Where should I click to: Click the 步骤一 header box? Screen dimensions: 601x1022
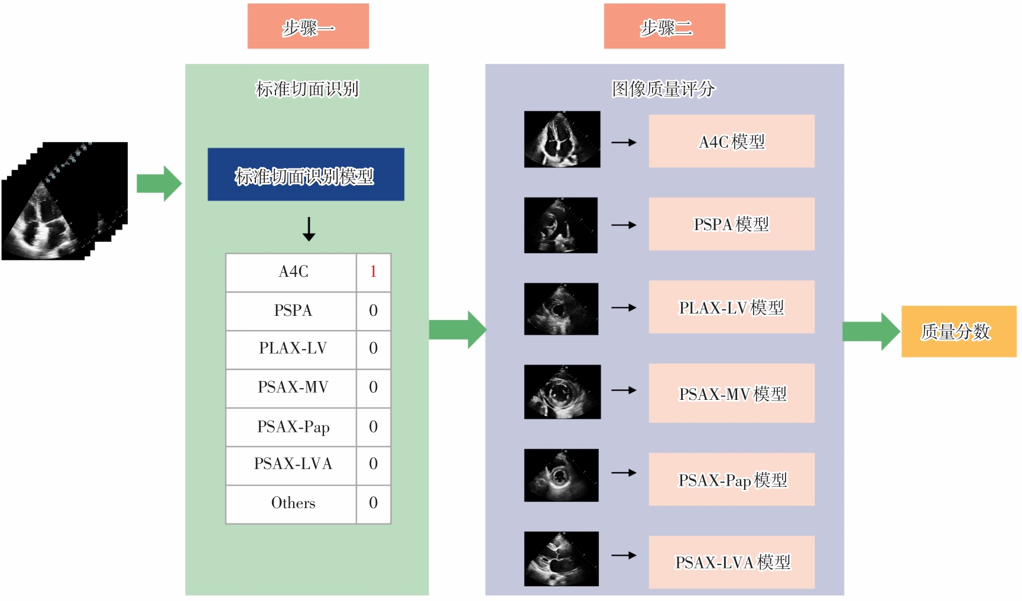tap(308, 27)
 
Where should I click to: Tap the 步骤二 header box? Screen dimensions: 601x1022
tap(664, 27)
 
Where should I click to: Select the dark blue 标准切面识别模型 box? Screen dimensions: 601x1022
tap(306, 175)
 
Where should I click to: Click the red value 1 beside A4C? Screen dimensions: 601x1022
tap(373, 272)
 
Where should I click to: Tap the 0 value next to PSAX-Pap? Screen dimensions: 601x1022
tap(373, 427)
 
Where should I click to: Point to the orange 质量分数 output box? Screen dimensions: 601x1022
tap(958, 331)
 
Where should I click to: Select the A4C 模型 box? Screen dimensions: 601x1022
tap(731, 141)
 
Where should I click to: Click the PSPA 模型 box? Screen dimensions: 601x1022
tap(731, 224)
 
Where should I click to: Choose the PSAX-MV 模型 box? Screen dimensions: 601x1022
tap(731, 393)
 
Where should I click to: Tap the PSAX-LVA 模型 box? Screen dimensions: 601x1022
tap(731, 562)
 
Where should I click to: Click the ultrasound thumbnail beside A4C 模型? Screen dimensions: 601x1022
tap(562, 140)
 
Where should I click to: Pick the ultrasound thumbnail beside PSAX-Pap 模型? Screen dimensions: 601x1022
tap(561, 475)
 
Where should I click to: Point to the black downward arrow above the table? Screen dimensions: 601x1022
tap(309, 229)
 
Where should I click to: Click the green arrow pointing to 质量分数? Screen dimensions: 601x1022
tap(871, 331)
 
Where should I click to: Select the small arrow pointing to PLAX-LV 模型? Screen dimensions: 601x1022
tap(624, 308)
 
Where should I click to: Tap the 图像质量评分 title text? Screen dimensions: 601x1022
tap(663, 89)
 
